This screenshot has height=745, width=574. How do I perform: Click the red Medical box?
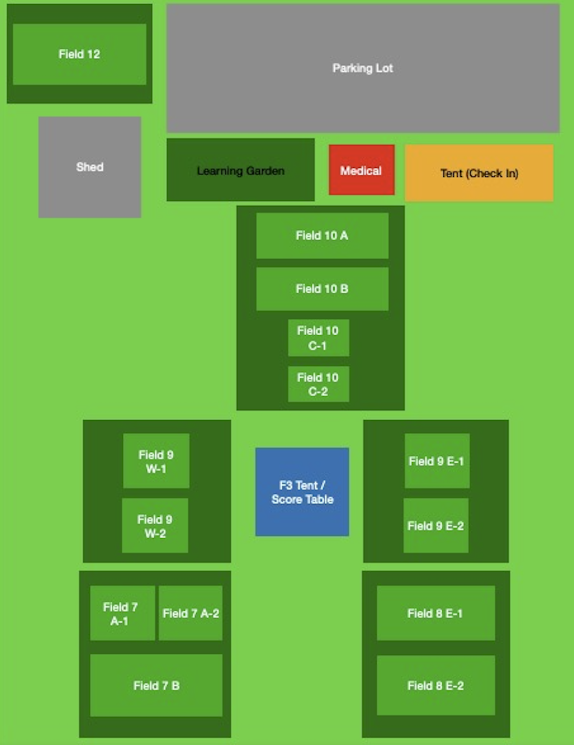tap(362, 170)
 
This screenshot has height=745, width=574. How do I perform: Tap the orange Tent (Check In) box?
tap(479, 173)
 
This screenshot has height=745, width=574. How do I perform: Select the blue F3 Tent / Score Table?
tap(302, 492)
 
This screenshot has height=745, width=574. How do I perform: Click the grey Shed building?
tap(90, 167)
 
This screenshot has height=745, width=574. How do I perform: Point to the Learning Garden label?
tap(241, 171)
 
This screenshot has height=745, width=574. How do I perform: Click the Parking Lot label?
tap(363, 68)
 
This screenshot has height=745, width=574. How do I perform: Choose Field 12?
tap(79, 54)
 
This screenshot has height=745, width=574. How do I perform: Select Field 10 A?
tap(322, 236)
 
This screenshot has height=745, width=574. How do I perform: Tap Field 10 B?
tap(322, 289)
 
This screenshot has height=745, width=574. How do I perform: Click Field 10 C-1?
tap(318, 338)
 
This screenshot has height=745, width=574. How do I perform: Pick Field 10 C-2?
tap(318, 384)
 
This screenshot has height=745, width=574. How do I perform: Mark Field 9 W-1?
tap(156, 461)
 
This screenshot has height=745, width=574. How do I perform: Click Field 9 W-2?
tap(155, 526)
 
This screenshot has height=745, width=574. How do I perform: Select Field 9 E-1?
tap(437, 461)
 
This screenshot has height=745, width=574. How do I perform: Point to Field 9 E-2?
tap(435, 526)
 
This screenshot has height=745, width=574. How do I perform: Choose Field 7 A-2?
tap(190, 613)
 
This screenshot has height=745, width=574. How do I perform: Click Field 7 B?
tap(156, 685)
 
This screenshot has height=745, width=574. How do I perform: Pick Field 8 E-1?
tap(435, 613)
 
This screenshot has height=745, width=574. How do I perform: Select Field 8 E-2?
tap(435, 685)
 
